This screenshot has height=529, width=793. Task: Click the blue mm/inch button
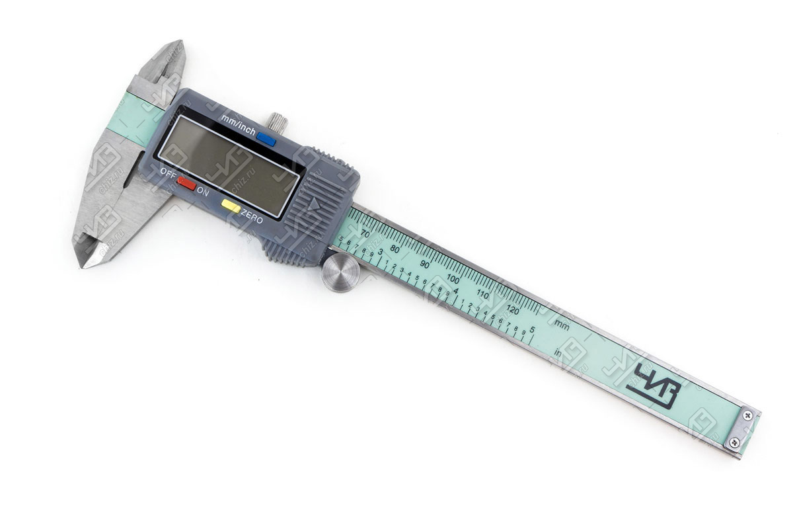click(266, 138)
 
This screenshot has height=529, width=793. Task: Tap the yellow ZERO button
click(231, 206)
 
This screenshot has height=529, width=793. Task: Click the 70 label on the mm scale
click(365, 233)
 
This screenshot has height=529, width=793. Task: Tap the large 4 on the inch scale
click(455, 291)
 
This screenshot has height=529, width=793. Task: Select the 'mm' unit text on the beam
click(562, 324)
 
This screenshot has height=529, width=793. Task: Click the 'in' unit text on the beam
click(558, 352)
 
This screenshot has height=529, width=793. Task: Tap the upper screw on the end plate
click(747, 415)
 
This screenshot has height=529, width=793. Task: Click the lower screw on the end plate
click(734, 442)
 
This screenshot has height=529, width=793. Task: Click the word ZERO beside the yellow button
click(252, 217)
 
